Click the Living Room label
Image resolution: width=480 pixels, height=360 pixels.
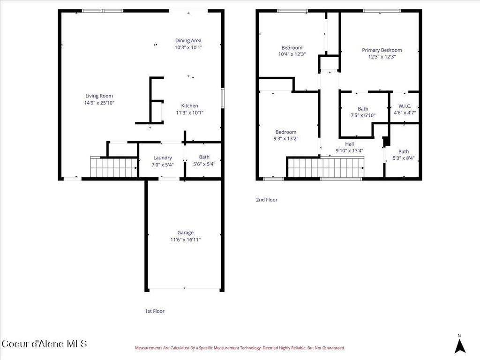tap(99, 96)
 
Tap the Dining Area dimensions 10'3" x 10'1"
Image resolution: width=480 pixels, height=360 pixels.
tap(188, 47)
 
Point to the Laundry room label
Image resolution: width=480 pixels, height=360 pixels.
tap(163, 157)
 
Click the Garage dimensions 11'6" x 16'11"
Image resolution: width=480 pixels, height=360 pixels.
tap(185, 240)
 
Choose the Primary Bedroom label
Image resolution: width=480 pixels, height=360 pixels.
tap(382, 50)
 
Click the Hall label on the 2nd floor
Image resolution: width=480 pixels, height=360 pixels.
tap(349, 144)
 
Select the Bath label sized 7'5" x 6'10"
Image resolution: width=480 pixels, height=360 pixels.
tap(363, 109)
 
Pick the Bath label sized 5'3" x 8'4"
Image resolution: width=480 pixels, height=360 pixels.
tap(403, 151)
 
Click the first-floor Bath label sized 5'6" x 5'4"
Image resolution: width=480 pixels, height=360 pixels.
tap(204, 157)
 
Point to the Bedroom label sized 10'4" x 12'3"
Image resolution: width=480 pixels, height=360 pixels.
tap(292, 47)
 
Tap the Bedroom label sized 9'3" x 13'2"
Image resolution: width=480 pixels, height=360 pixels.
tap(285, 132)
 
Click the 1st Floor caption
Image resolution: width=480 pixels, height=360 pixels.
tap(154, 311)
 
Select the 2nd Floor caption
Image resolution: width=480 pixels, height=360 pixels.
tap(266, 200)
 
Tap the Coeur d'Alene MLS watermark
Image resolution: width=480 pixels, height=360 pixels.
tap(44, 344)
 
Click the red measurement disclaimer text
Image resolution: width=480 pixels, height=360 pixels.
tap(240, 348)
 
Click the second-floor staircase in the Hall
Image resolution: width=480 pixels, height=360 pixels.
tap(326, 167)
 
